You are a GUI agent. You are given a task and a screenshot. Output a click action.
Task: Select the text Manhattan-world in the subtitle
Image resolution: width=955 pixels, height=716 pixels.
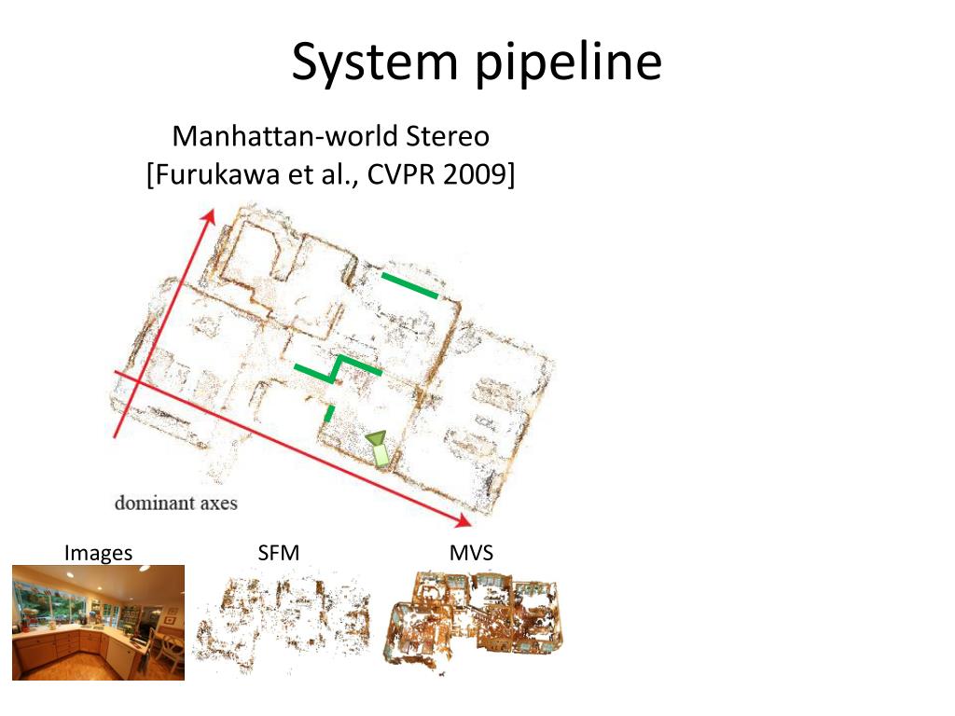[x=286, y=136]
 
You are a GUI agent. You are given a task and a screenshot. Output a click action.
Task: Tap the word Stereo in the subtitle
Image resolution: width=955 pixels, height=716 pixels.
[x=448, y=136]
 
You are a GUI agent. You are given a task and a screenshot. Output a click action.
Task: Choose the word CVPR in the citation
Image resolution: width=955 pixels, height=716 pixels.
[x=398, y=174]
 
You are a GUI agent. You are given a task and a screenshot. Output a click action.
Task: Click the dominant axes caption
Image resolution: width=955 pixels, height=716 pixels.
[x=175, y=503]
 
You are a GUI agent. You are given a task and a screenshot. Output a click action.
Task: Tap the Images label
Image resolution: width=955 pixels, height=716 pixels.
[x=98, y=553]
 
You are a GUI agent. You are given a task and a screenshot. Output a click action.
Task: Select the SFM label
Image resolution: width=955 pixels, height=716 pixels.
[x=278, y=553]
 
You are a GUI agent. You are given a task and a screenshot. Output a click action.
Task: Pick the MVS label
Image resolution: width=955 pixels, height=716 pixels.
[x=470, y=553]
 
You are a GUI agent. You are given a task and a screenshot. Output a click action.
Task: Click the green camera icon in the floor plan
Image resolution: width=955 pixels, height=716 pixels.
[x=378, y=448]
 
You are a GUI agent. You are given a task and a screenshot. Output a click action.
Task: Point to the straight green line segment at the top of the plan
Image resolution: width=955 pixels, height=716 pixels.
[x=409, y=285]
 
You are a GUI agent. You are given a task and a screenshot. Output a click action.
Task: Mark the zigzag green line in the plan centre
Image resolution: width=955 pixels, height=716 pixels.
[x=337, y=367]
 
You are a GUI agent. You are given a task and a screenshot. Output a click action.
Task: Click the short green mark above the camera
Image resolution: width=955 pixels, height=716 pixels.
[x=329, y=412]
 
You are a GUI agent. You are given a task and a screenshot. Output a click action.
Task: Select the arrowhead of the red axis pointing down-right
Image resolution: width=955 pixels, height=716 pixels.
[x=464, y=518]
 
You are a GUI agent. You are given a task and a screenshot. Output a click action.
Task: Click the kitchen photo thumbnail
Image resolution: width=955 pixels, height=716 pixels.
[x=98, y=622]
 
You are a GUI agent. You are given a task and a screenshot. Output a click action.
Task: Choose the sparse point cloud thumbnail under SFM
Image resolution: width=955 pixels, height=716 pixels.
[x=282, y=622]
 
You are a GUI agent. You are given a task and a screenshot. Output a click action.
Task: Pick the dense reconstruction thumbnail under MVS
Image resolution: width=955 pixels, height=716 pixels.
[x=473, y=619]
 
